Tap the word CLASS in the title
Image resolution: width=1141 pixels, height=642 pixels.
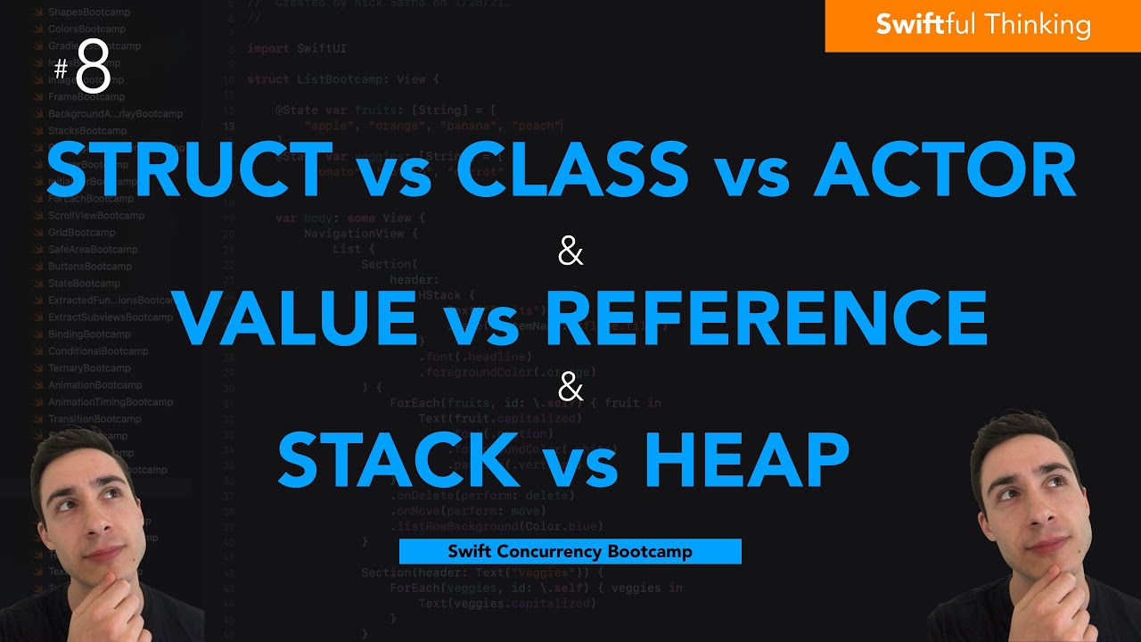point(571,172)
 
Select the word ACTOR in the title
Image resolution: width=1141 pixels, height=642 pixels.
point(946,172)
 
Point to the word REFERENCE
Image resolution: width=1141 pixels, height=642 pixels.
point(767,319)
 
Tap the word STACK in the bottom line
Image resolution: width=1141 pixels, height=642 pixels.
point(405,460)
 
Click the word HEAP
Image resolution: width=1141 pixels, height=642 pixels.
point(746,460)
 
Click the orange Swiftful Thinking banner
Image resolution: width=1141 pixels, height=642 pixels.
point(982,25)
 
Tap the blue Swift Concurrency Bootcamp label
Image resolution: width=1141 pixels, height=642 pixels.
point(570,552)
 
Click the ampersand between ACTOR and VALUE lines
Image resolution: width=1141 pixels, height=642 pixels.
point(570,253)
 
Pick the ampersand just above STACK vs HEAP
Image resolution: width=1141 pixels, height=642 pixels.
point(570,390)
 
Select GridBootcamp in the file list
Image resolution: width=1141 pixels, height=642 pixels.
point(81,233)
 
